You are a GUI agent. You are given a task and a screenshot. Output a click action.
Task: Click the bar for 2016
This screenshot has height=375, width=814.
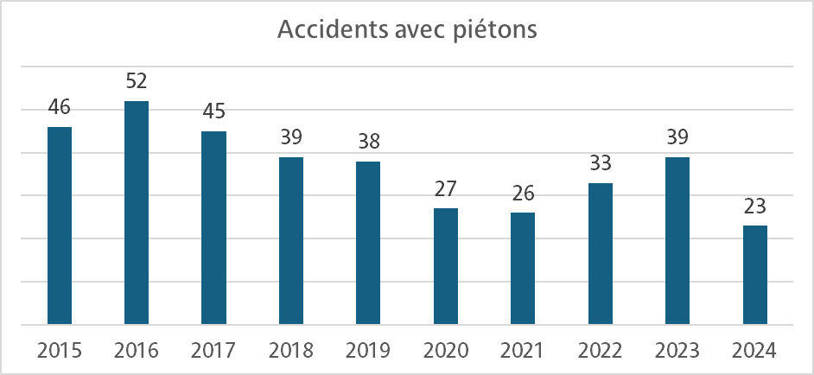pyautogui.click(x=137, y=213)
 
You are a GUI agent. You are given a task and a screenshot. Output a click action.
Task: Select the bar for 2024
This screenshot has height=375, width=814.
pyautogui.click(x=754, y=275)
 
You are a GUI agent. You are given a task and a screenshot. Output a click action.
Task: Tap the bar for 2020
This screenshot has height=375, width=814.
pyautogui.click(x=445, y=266)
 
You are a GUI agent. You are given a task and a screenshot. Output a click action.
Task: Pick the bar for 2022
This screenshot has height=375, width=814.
pyautogui.click(x=600, y=253)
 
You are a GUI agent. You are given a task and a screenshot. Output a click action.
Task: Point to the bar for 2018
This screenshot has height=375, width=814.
pyautogui.click(x=291, y=240)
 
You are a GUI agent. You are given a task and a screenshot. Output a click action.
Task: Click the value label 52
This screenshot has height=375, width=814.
pyautogui.click(x=137, y=82)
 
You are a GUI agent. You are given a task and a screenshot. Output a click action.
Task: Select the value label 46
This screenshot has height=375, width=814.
pyautogui.click(x=59, y=108)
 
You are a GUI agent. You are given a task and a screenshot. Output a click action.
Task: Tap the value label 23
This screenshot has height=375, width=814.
pyautogui.click(x=754, y=207)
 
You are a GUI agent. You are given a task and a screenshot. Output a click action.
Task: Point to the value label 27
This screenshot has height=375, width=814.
pyautogui.click(x=445, y=189)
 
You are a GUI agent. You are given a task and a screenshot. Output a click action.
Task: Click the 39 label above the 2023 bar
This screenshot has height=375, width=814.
pyautogui.click(x=677, y=138)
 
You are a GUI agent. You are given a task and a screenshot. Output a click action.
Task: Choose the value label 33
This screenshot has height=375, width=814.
pyautogui.click(x=600, y=164)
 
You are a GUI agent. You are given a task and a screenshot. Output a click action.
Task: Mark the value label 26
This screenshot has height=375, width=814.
pyautogui.click(x=523, y=194)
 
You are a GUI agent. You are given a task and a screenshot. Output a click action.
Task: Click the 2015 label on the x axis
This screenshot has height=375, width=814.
pyautogui.click(x=59, y=351)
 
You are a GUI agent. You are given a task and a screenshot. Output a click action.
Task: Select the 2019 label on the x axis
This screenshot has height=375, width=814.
pyautogui.click(x=368, y=351)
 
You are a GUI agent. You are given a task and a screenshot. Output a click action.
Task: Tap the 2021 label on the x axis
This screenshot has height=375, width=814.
pyautogui.click(x=523, y=351)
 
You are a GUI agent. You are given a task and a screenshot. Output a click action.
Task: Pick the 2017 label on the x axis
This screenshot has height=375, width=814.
pyautogui.click(x=213, y=351)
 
